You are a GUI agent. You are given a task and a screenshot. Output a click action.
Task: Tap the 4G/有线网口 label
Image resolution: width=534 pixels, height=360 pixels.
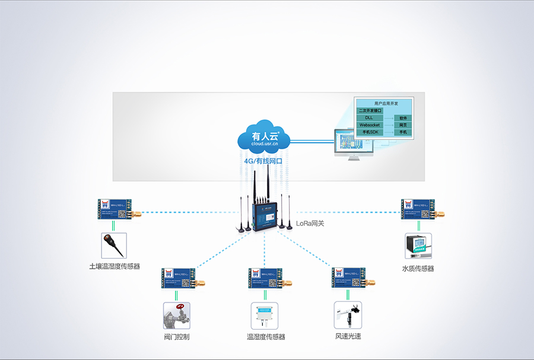[263, 161]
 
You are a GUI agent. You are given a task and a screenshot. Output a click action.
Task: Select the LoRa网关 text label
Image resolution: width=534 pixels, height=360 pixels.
[310, 224]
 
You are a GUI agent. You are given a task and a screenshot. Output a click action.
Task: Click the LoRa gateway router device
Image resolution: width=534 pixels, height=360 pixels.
[263, 215]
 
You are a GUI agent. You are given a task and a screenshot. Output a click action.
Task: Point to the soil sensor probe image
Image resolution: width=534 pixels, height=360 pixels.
[113, 244]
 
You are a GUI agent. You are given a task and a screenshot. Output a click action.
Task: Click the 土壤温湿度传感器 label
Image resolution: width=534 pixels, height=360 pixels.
[115, 267]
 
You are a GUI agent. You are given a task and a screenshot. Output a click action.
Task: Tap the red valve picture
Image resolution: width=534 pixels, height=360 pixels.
[176, 316]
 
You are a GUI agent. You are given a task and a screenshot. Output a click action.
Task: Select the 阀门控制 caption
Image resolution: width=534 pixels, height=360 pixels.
[176, 337]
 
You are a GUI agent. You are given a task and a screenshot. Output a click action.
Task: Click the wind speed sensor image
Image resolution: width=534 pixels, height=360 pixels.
[348, 316]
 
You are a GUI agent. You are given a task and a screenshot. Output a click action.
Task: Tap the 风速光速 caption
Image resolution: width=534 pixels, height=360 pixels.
[348, 337]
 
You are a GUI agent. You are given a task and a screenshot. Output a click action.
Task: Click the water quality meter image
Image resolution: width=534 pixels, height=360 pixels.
[418, 246]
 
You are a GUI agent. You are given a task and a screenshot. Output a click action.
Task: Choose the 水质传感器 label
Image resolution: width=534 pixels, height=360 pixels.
[418, 269]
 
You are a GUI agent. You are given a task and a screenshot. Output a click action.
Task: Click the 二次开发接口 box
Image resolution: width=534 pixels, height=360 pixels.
[370, 111]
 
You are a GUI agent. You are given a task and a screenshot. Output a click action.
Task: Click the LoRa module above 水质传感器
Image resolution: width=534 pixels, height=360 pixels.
[420, 209]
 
